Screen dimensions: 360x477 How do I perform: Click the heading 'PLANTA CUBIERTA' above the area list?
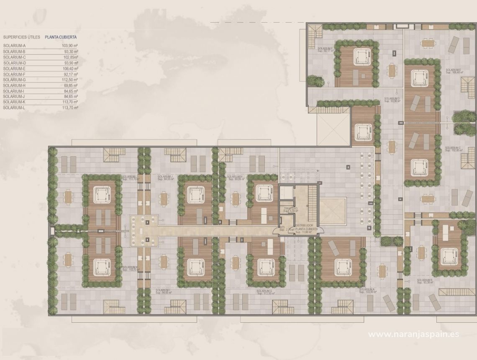point(61,37)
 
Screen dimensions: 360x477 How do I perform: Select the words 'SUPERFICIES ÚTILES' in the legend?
point(21,37)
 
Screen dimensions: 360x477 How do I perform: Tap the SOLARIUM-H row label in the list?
point(14,85)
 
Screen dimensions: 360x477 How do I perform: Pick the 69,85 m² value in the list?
point(70,85)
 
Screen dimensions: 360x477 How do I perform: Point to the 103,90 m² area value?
point(70,46)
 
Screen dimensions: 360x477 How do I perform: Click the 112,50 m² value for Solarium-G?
point(70,80)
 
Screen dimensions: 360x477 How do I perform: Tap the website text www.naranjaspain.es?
point(413,334)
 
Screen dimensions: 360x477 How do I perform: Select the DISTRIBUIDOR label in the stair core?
point(306,225)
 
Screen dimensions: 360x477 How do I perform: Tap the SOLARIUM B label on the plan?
point(425,280)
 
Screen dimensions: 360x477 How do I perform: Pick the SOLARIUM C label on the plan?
point(453,148)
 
